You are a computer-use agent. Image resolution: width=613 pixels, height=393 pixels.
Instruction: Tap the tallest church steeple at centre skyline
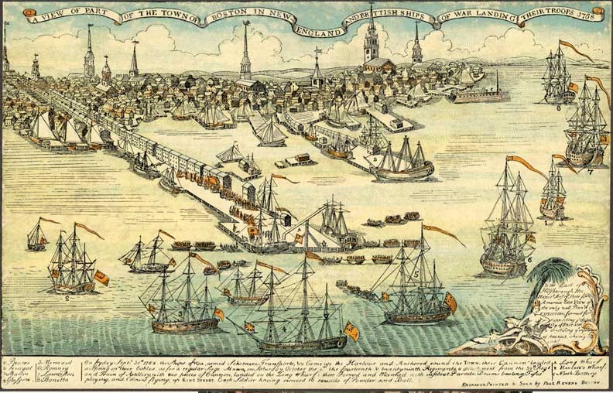pyautogui.click(x=245, y=46)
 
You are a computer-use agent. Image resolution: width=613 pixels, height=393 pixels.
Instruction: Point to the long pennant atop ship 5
pyautogui.click(x=441, y=233)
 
